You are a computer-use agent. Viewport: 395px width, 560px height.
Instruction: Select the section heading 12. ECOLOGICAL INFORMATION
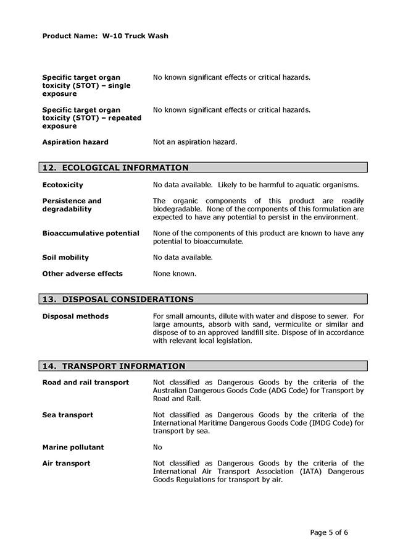115,168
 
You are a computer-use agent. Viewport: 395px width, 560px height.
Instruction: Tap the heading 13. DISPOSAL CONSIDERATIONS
118,300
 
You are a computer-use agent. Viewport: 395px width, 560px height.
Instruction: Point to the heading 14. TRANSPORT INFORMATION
114,366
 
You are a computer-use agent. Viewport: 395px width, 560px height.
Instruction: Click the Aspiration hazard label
75,142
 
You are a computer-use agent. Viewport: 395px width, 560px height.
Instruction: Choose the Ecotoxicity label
62,185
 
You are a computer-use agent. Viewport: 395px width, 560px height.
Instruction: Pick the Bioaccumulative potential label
91,233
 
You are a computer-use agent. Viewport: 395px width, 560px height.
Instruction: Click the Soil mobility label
65,258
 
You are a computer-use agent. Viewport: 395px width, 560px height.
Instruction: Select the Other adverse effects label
82,274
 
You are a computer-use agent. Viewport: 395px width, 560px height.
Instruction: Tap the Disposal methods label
75,316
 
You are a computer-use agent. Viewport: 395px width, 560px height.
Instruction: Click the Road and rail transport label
86,383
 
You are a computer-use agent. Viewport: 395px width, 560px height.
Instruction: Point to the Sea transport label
67,415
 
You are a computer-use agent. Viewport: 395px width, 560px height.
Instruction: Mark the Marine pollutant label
73,448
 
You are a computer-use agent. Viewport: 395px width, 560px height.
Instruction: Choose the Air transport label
66,464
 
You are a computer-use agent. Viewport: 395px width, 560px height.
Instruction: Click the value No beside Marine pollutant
157,448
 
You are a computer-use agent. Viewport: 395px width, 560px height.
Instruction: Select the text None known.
175,274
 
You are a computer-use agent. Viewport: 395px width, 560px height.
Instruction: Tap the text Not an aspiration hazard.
195,142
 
